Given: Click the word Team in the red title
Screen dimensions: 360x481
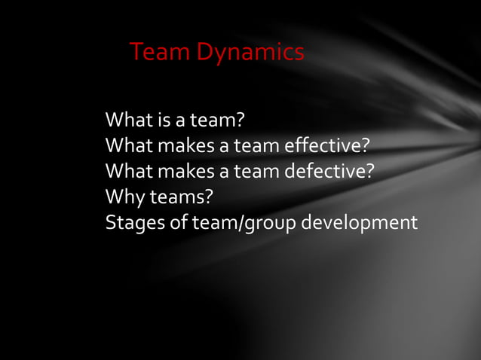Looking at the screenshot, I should click(x=160, y=53).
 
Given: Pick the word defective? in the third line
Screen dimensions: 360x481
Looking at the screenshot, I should click(x=329, y=172).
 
